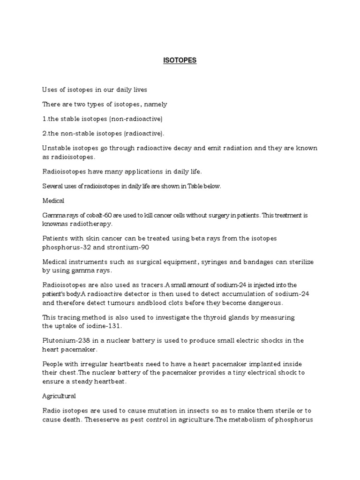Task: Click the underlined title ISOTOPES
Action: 180,60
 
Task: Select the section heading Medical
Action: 53,201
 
